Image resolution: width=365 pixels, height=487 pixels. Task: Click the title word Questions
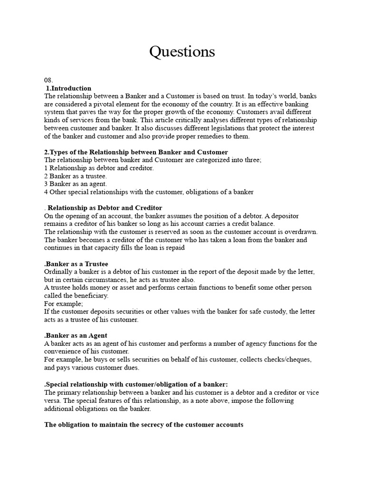coord(182,51)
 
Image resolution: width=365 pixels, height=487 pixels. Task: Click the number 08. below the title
coord(48,80)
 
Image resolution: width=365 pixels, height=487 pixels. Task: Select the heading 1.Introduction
coord(69,88)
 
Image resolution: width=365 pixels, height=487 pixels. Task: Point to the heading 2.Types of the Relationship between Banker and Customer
coord(136,152)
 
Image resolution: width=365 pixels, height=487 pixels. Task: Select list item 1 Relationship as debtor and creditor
coord(99,168)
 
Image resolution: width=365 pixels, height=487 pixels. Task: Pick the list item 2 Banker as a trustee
coord(75,176)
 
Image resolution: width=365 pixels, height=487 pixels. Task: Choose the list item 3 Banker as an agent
coord(76,184)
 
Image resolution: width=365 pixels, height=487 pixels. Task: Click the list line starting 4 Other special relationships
coord(149,192)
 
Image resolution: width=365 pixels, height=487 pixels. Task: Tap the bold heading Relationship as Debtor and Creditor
coord(105,208)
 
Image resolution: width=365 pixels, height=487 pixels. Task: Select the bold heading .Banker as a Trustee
coord(76,263)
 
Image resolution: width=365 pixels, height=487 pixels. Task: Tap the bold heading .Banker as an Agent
coord(76,335)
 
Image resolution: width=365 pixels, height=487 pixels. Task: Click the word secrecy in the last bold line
coord(152,424)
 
